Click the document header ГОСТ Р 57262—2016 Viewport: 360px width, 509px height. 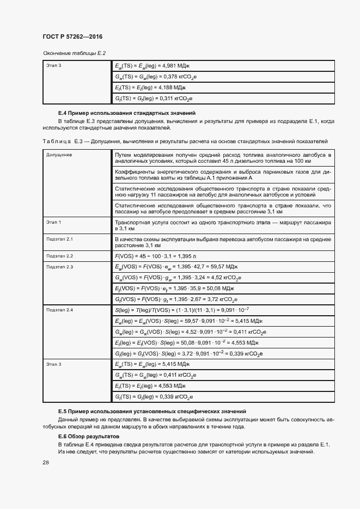coord(72,36)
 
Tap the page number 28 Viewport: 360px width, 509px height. coord(45,462)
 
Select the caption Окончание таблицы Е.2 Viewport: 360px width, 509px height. coord(74,53)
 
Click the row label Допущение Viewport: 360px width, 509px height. coord(59,155)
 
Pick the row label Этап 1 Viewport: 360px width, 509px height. coord(54,222)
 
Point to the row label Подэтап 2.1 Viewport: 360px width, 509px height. coord(60,239)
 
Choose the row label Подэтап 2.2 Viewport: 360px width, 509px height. coord(60,255)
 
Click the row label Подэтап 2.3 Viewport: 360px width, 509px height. coord(60,266)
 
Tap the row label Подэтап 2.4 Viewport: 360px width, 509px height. coord(60,309)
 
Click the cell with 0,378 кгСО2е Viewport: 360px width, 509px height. coord(156,77)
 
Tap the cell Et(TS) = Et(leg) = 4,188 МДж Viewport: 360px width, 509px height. coord(151,87)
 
